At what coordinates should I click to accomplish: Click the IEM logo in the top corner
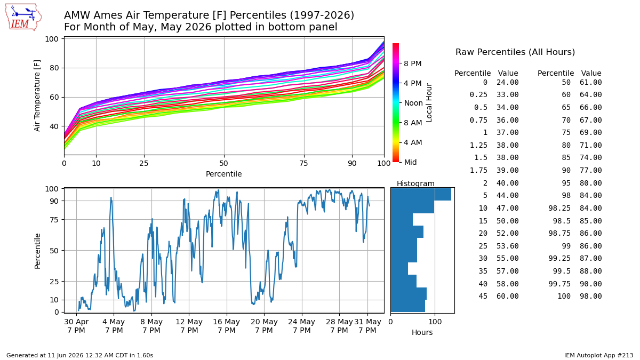(23, 18)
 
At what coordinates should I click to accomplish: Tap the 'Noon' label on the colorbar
(413, 103)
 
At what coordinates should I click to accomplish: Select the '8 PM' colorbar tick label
(413, 63)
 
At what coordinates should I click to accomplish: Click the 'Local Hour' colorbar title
(429, 103)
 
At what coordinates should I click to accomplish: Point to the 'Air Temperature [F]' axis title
(37, 95)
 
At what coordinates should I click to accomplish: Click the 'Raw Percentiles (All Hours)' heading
(515, 52)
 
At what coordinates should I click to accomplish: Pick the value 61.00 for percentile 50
(590, 82)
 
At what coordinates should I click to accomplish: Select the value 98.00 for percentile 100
(590, 297)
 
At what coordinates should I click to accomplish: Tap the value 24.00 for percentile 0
(507, 82)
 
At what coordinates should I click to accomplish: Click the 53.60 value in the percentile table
(507, 246)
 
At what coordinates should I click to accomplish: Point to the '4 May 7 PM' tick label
(114, 326)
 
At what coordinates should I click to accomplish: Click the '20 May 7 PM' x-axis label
(264, 326)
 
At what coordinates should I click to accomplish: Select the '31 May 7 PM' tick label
(367, 326)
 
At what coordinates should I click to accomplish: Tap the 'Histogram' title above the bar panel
(415, 183)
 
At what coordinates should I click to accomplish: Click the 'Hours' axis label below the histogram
(422, 333)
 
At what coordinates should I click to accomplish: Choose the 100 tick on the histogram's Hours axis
(435, 322)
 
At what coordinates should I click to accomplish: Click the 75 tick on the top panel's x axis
(303, 163)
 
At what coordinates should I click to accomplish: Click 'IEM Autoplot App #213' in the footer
(598, 355)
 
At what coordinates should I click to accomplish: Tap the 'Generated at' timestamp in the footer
(79, 355)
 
